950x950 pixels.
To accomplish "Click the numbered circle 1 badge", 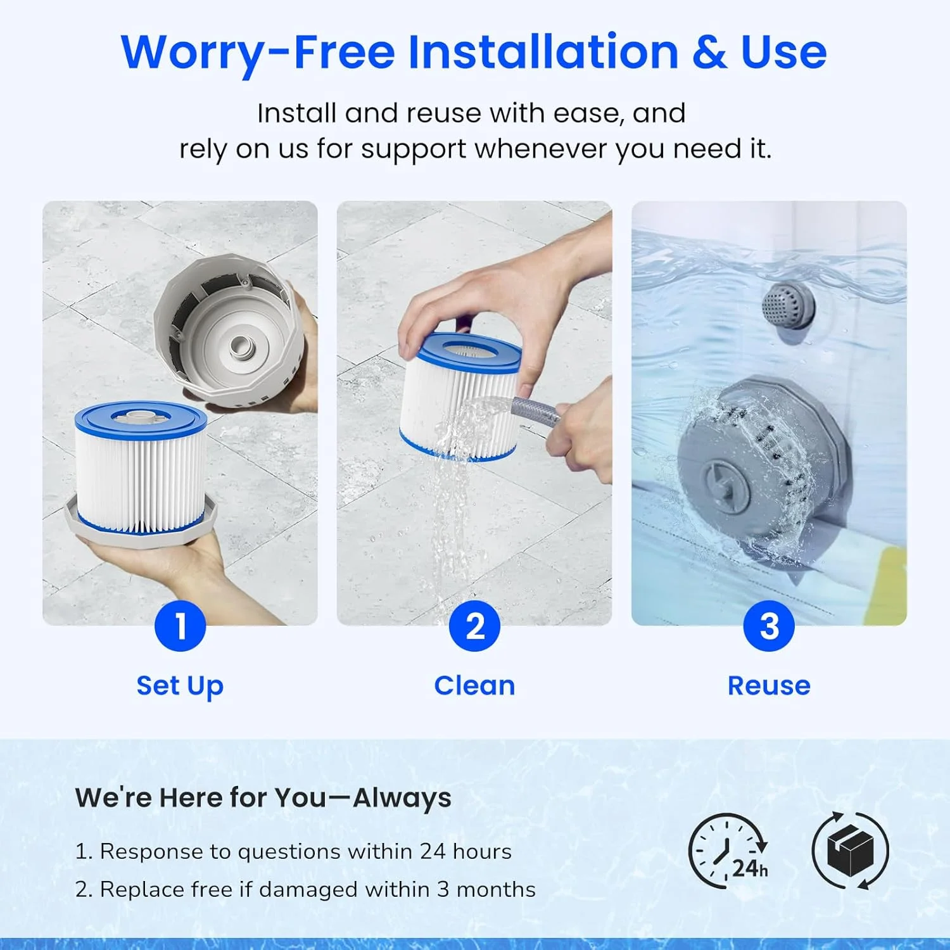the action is [x=180, y=626].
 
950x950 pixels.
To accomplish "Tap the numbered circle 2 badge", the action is [x=474, y=626].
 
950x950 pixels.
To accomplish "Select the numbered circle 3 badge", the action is [x=769, y=626].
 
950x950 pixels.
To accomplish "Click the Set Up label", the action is [x=180, y=686].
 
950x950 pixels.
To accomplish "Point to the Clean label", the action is [x=474, y=685].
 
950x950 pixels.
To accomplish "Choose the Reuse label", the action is [x=769, y=685].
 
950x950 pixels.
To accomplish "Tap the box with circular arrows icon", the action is [x=851, y=851].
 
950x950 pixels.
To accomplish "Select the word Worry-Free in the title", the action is [x=258, y=53].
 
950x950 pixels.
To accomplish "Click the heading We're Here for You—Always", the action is [x=263, y=798].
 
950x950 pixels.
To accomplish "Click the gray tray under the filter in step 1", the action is [x=141, y=522].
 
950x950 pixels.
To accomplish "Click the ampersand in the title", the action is [x=709, y=52].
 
